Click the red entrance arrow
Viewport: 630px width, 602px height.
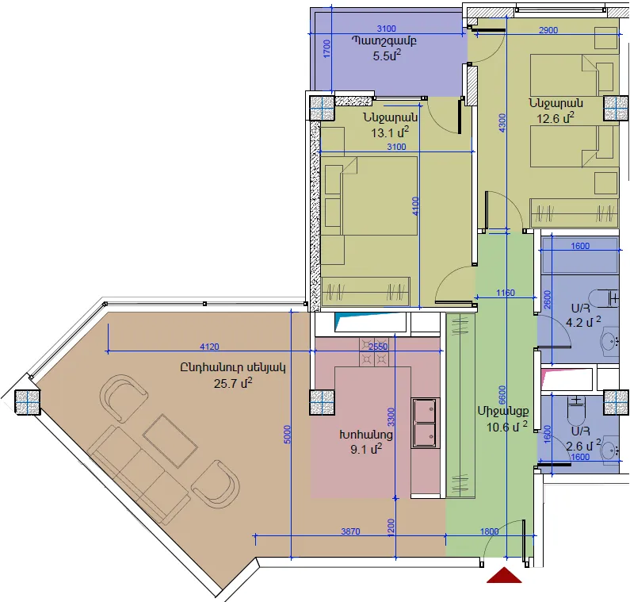(x=504, y=576)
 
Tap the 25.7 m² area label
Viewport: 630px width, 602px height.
(x=233, y=383)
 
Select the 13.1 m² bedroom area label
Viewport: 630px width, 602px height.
(x=390, y=132)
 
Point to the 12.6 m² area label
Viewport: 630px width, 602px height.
(x=556, y=118)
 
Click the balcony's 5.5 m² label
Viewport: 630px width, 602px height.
(x=387, y=56)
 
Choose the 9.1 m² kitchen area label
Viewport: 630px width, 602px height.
(x=366, y=449)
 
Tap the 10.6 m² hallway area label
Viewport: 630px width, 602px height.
(x=507, y=427)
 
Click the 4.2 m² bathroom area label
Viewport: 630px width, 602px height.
(x=583, y=322)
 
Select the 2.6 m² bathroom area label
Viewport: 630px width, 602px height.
(x=583, y=446)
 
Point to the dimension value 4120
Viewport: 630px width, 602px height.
(x=209, y=347)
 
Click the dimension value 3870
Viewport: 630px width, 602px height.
(x=350, y=531)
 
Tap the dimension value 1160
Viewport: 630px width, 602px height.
(x=506, y=293)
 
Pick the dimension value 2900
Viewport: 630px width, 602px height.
(x=548, y=30)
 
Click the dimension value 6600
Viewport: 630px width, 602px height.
(x=502, y=395)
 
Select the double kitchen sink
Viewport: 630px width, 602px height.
(x=426, y=423)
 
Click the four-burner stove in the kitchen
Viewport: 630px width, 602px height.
(x=375, y=352)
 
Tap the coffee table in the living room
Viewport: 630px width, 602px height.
(x=170, y=440)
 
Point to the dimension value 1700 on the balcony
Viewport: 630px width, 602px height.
(x=326, y=48)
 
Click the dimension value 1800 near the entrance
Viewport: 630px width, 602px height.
(x=490, y=531)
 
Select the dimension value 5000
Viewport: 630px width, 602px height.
(x=287, y=435)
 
